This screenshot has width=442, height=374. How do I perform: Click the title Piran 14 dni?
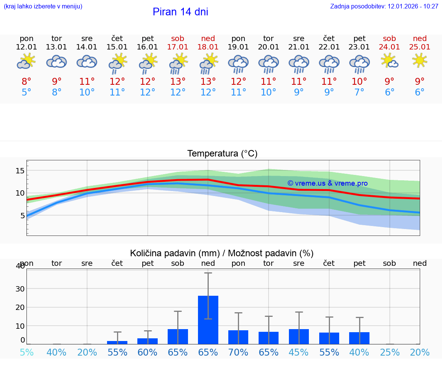(x=180, y=12)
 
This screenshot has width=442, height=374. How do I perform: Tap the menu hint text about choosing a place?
(x=43, y=7)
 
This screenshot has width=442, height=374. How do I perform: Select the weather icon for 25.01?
(x=420, y=61)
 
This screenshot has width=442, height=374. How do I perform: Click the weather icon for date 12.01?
(x=26, y=61)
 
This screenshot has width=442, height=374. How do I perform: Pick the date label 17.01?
(x=178, y=47)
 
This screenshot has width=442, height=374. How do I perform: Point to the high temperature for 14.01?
(x=87, y=82)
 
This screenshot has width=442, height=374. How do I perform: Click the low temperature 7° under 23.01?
(x=360, y=92)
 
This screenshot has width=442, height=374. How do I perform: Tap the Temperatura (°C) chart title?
(x=222, y=154)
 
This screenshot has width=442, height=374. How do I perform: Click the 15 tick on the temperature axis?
(x=20, y=171)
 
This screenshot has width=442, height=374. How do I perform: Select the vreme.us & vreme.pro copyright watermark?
(x=327, y=183)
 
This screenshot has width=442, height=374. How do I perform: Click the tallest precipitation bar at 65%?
(x=208, y=320)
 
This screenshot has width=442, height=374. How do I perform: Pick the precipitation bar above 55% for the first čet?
(x=117, y=342)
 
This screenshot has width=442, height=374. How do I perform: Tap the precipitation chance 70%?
(x=238, y=352)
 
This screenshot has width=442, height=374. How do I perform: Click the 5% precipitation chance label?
(x=26, y=352)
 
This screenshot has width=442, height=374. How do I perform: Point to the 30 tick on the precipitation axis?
(x=20, y=288)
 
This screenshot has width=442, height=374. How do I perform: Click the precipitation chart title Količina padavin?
(x=222, y=253)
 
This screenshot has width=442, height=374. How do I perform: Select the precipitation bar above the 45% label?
(x=299, y=336)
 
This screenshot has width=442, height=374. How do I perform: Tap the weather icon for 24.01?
(x=389, y=61)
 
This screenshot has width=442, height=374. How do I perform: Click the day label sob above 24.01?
(x=389, y=38)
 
